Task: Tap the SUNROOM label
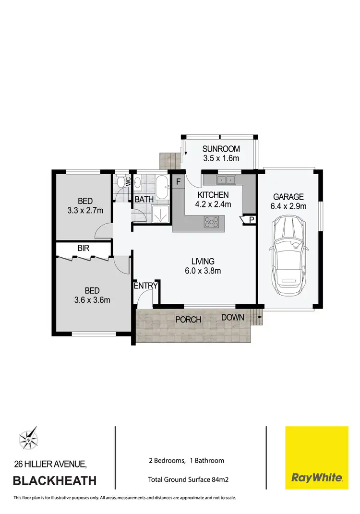coord(220,149)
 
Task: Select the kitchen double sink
coord(226,180)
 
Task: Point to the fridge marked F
coord(178,182)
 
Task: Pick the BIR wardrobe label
coord(84,248)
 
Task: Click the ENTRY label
coord(145,286)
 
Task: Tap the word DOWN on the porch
coord(233,317)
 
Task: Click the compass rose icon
coord(30,438)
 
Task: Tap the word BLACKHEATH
coord(54,480)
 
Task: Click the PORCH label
coord(188,320)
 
